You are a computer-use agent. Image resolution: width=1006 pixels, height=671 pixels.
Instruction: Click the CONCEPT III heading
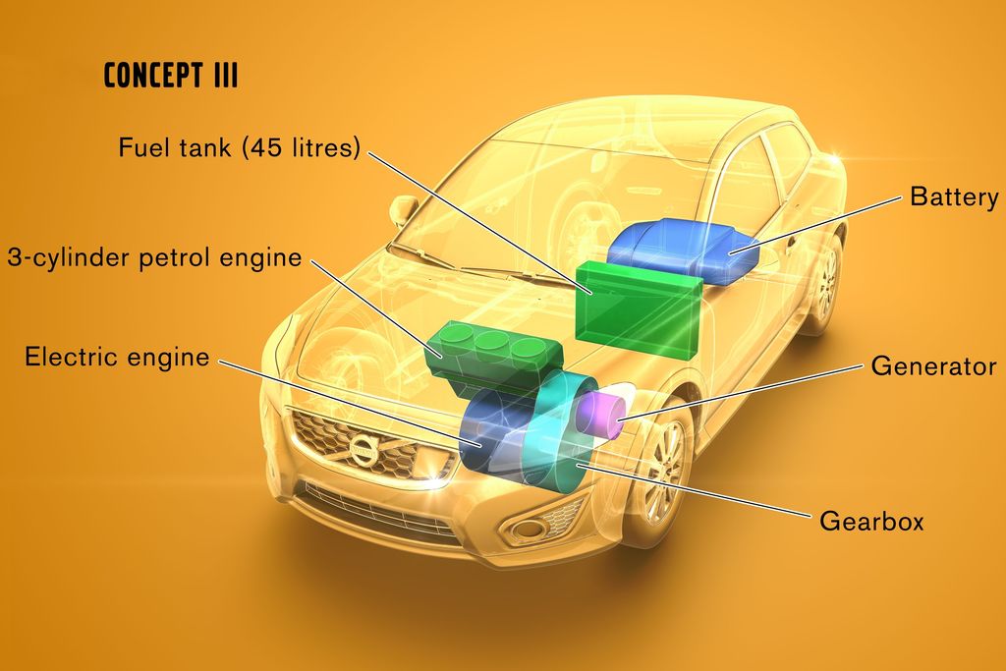click(171, 75)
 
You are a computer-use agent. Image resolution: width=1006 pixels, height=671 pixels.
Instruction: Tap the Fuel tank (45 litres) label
click(240, 147)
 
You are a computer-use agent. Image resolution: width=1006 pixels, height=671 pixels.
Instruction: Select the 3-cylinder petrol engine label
click(154, 257)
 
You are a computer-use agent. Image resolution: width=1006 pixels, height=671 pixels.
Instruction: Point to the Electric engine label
click(117, 357)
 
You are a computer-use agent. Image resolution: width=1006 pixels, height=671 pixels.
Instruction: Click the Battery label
click(954, 196)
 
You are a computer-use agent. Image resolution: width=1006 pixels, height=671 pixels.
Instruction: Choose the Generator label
click(933, 366)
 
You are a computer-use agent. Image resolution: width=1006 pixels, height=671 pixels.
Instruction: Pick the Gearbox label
click(871, 521)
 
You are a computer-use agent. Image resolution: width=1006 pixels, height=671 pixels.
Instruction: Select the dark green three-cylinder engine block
click(494, 358)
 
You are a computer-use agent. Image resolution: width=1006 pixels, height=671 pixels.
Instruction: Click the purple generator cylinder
click(602, 412)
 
